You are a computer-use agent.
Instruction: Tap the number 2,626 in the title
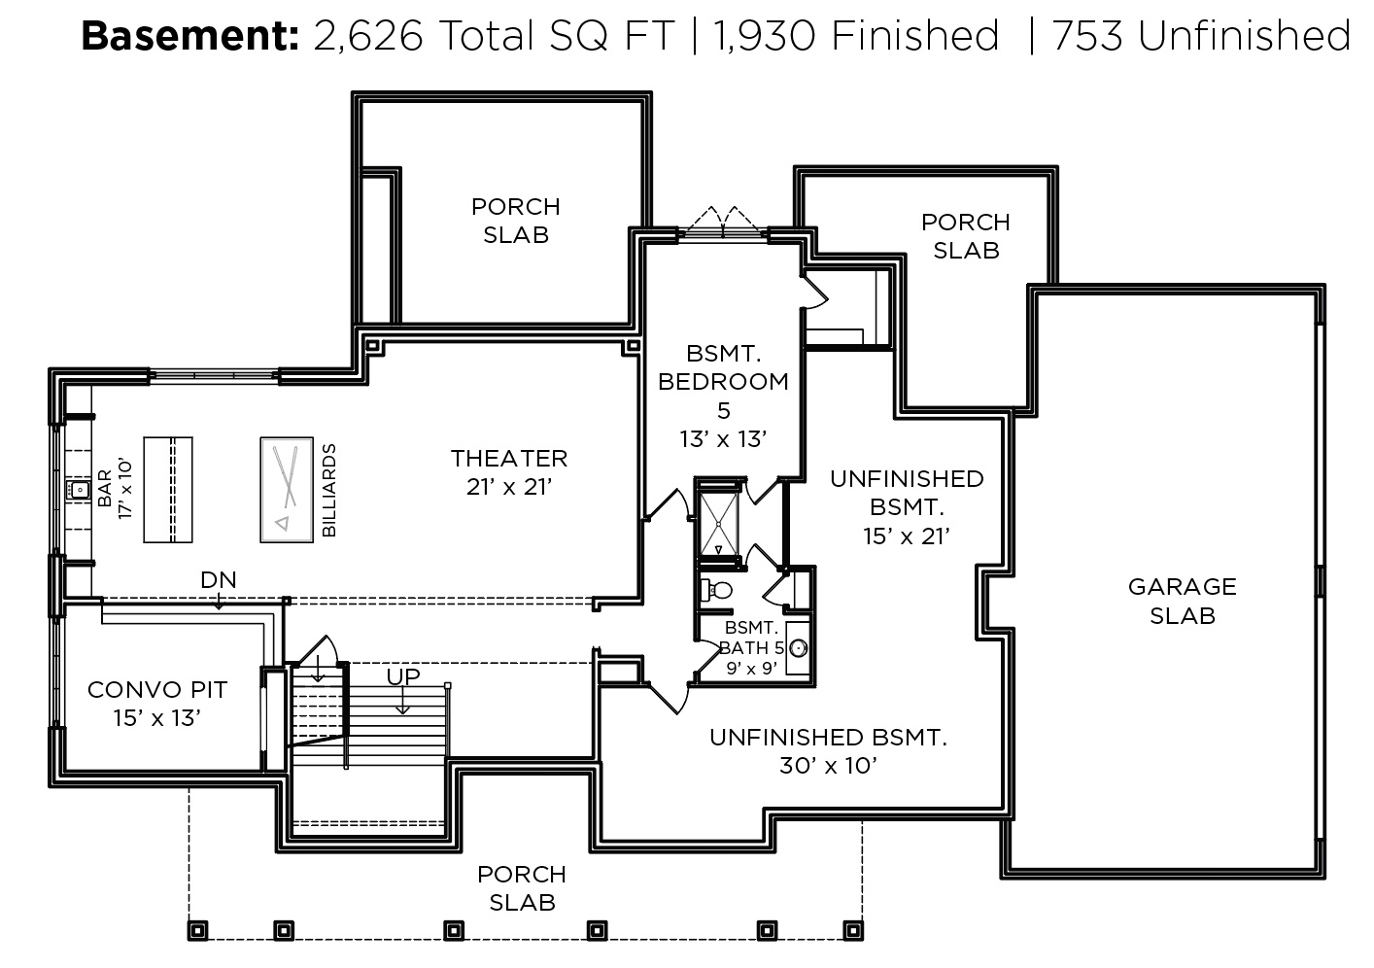point(368,37)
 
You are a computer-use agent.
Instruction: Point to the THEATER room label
point(509,458)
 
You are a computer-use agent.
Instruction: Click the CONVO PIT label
point(157,689)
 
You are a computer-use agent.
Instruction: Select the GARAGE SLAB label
point(1182,601)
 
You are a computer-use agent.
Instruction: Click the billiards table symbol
point(287,490)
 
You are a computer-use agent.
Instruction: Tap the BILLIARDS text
point(329,490)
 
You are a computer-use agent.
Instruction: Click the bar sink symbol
point(79,490)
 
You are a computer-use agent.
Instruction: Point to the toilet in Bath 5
point(716,590)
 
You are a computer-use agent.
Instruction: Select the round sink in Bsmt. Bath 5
point(798,648)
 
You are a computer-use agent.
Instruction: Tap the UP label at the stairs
point(403,676)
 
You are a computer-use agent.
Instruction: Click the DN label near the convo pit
point(219,579)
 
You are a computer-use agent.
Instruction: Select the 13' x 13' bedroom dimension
point(723,439)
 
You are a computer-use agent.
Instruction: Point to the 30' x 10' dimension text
point(828,766)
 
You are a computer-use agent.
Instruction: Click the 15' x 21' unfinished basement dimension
point(907,536)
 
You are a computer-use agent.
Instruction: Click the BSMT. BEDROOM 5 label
point(723,382)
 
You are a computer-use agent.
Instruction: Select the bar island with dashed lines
point(168,490)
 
